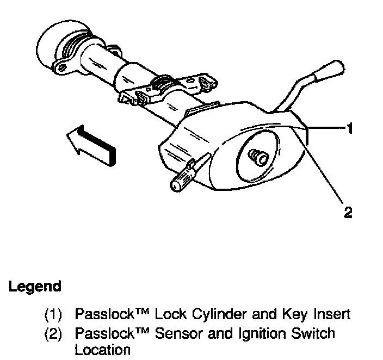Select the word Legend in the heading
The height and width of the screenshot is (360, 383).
pyautogui.click(x=35, y=286)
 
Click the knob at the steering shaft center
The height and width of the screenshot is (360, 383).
pyautogui.click(x=257, y=157)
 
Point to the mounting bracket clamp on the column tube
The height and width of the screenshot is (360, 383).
pyautogui.click(x=163, y=87)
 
